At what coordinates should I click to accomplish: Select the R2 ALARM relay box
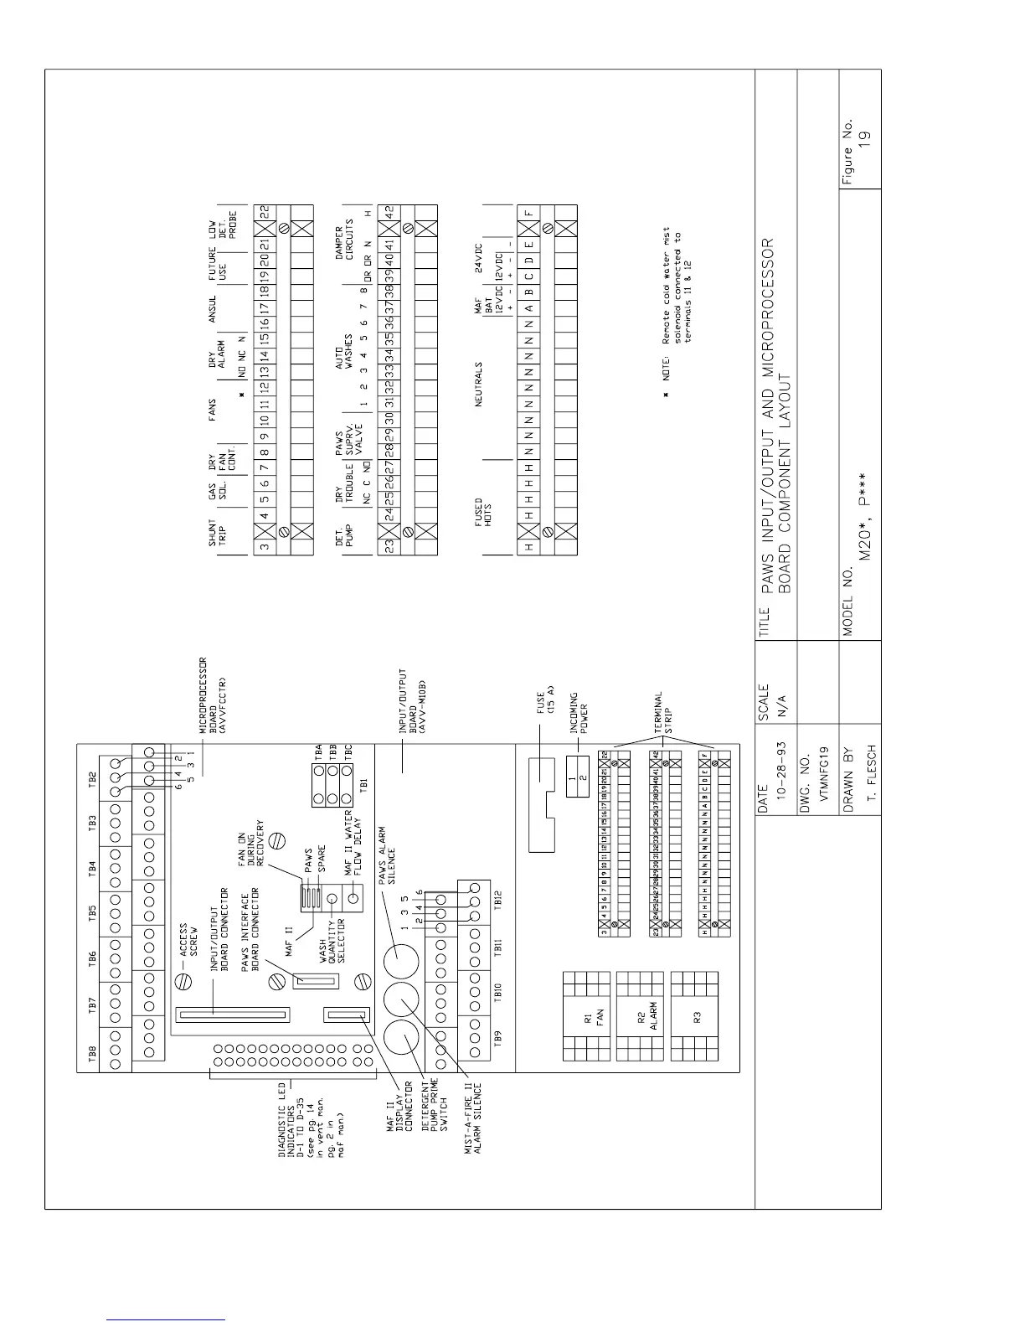[641, 1017]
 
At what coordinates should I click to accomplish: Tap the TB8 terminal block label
[92, 1054]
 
